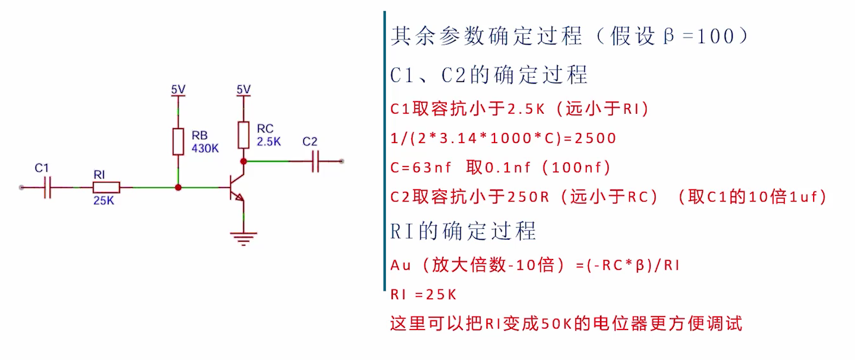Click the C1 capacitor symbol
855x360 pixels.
pos(47,188)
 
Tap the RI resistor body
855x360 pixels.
pos(106,188)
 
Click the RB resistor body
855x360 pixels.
pos(179,142)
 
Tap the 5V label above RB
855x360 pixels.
pos(179,90)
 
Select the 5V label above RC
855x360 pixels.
pos(243,90)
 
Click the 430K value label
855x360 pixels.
pos(205,149)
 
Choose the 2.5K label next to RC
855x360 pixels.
pos(269,142)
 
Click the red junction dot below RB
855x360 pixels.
pos(179,188)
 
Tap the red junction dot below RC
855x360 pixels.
pos(243,162)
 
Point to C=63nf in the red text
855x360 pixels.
pos(420,168)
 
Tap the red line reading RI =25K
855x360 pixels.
pos(424,294)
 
